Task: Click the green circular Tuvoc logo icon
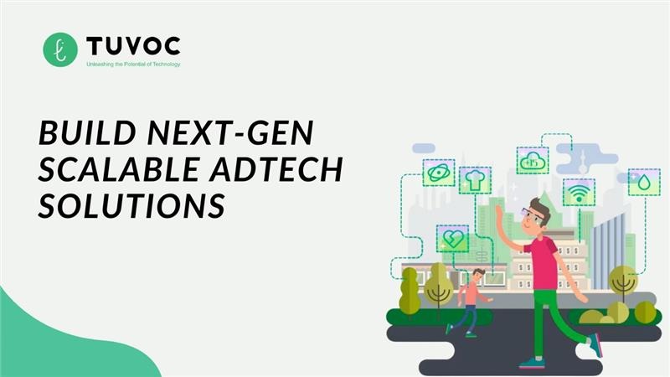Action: [60, 49]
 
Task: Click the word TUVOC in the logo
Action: [132, 44]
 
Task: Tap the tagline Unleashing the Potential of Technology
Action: [133, 64]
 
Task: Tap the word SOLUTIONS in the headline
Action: [132, 205]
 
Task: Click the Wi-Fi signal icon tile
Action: [579, 192]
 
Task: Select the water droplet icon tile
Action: [644, 182]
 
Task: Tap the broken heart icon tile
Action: [452, 238]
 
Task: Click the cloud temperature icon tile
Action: [533, 159]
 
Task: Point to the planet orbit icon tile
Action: [439, 173]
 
